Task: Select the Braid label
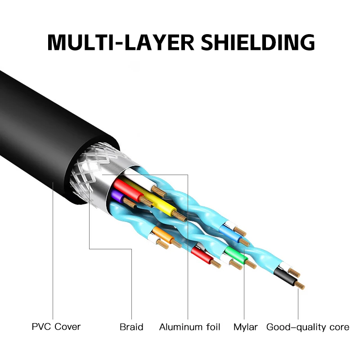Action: click(131, 327)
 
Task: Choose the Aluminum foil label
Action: click(189, 327)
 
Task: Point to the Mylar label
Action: click(245, 327)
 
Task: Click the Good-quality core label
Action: click(308, 327)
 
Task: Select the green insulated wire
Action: click(235, 255)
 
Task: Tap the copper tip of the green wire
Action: click(250, 264)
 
